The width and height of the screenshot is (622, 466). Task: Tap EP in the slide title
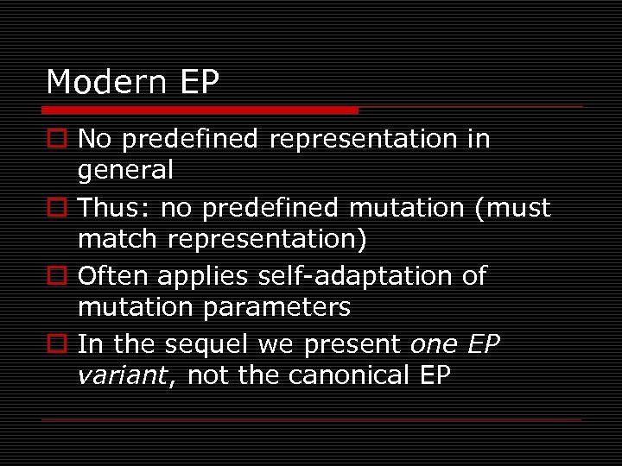click(x=200, y=83)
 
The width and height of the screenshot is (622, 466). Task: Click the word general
click(x=125, y=171)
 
